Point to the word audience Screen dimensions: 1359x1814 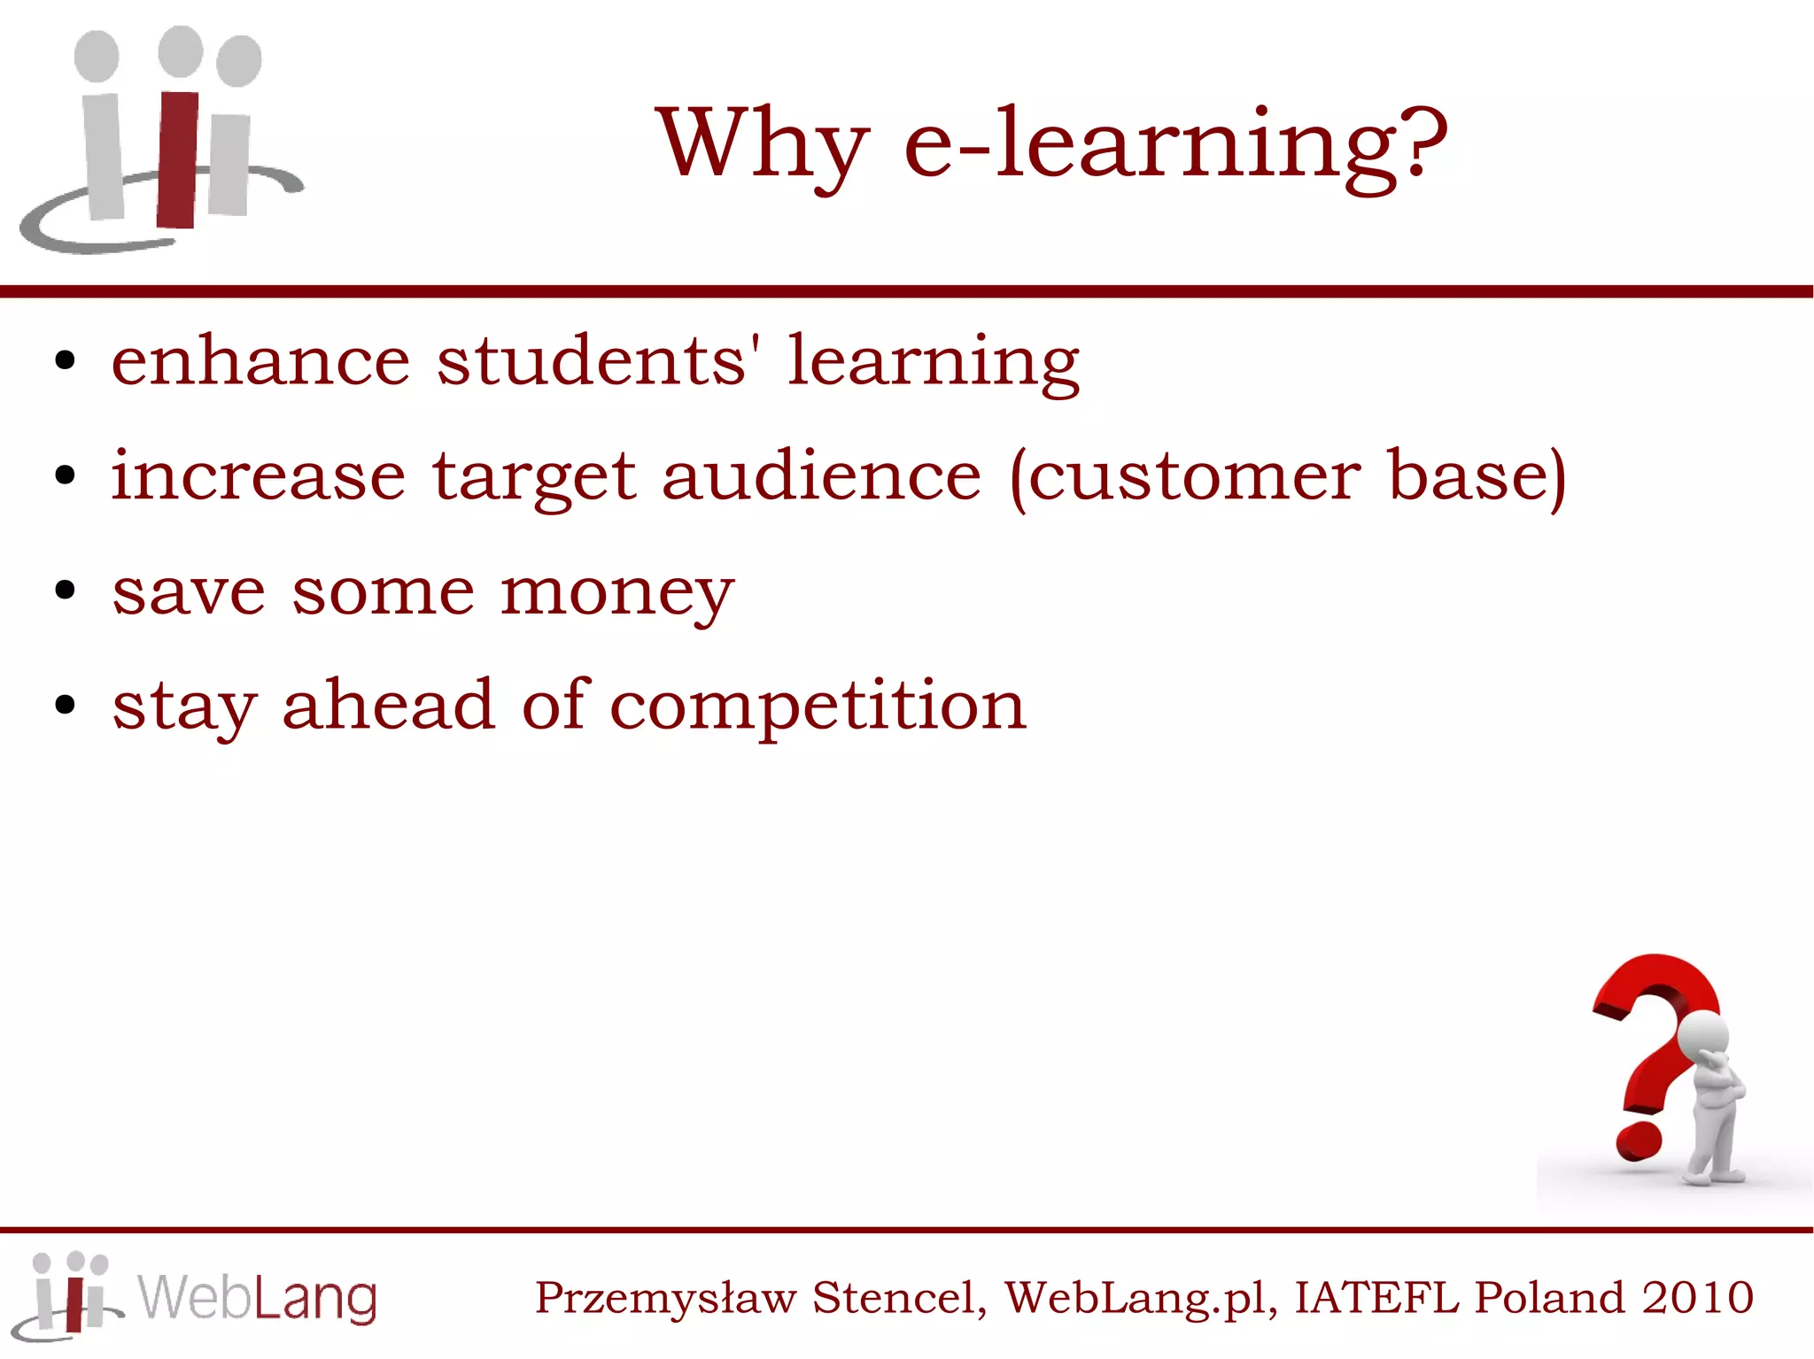[821, 476]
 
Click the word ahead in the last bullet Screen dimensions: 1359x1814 [388, 706]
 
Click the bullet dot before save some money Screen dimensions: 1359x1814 [65, 591]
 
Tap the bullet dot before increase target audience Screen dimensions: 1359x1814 [65, 475]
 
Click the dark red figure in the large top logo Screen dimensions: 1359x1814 [179, 159]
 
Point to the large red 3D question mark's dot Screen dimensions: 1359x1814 [1639, 1142]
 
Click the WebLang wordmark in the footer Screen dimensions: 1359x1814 [257, 1299]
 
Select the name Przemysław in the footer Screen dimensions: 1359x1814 [665, 1299]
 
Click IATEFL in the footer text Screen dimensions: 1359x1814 [1376, 1298]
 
